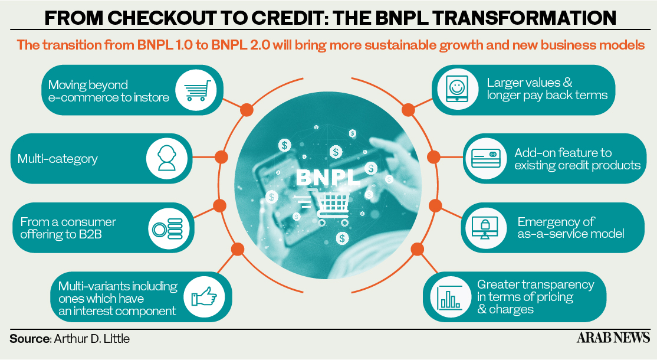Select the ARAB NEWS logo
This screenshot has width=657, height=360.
pos(613,338)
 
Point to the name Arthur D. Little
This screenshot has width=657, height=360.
pos(91,339)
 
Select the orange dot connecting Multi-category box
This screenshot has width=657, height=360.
pos(222,157)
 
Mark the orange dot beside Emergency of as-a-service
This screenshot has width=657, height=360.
pos(435,206)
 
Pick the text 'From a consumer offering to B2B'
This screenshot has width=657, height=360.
pos(68,228)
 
